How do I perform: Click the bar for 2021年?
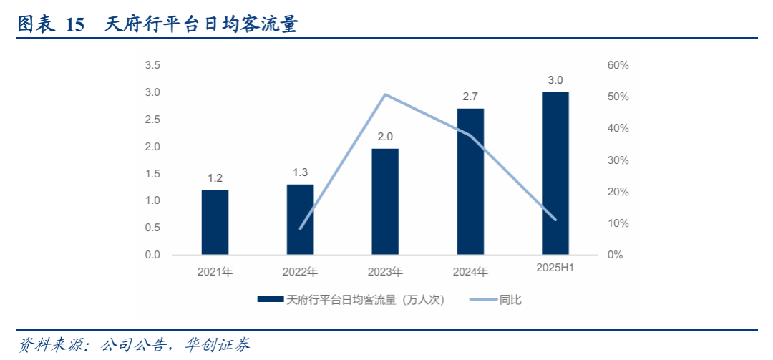pyautogui.click(x=215, y=222)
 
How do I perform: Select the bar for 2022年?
pyautogui.click(x=300, y=219)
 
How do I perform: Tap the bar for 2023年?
pyautogui.click(x=385, y=201)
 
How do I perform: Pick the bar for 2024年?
pyautogui.click(x=470, y=182)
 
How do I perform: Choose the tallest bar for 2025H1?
pyautogui.click(x=555, y=173)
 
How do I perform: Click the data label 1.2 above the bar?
pyautogui.click(x=215, y=177)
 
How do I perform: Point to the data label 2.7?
pyautogui.click(x=470, y=96)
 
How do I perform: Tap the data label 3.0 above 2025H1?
pyautogui.click(x=555, y=79)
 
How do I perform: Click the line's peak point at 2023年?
pyautogui.click(x=385, y=94)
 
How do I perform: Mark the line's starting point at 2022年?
pyautogui.click(x=301, y=228)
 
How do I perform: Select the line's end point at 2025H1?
pyautogui.click(x=555, y=220)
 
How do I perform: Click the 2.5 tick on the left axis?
pyautogui.click(x=152, y=120)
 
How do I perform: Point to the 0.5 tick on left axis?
pyautogui.click(x=152, y=228)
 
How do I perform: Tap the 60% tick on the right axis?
pyautogui.click(x=618, y=65)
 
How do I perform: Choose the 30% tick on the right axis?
pyautogui.click(x=618, y=160)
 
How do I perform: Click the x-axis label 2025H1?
pyautogui.click(x=556, y=268)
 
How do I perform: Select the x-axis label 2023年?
pyautogui.click(x=385, y=272)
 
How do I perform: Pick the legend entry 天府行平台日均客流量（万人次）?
pyautogui.click(x=365, y=300)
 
